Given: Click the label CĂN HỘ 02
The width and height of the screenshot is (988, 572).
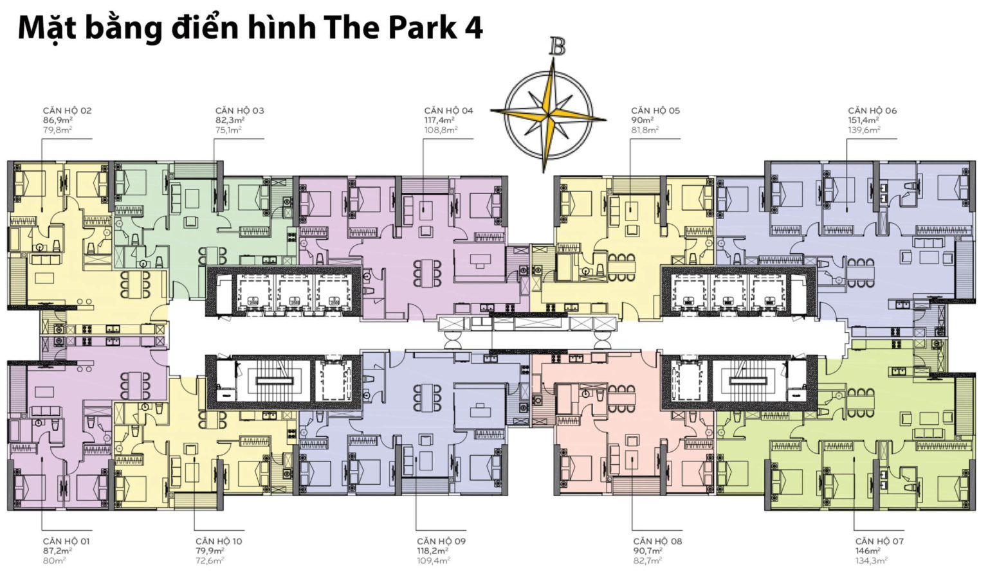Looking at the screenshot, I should (67, 111).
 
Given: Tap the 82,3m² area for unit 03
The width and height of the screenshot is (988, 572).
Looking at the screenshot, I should (230, 120).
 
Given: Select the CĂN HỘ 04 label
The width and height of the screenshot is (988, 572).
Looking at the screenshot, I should (448, 111).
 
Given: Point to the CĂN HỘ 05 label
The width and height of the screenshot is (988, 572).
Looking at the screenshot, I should (655, 111).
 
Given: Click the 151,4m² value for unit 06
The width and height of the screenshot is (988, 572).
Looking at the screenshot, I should (864, 120).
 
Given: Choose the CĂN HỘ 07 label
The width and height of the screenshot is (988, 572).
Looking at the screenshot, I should (879, 541).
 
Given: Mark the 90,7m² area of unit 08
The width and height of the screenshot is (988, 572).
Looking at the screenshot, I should (648, 551).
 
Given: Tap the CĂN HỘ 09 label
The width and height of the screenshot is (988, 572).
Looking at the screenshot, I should (441, 541).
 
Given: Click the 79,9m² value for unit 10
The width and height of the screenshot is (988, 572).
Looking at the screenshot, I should (210, 551).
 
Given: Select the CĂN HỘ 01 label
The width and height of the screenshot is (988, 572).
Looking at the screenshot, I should (66, 541).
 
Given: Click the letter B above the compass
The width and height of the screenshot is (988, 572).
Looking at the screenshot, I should (558, 46).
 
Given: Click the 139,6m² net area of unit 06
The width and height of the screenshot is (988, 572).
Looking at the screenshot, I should (864, 130).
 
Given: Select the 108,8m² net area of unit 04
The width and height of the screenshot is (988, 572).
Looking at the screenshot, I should (441, 130).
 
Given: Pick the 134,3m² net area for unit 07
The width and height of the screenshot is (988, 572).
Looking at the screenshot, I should (871, 560).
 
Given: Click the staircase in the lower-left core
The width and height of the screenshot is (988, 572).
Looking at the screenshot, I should (275, 380).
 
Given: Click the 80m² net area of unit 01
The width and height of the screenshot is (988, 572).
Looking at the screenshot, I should (54, 560).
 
